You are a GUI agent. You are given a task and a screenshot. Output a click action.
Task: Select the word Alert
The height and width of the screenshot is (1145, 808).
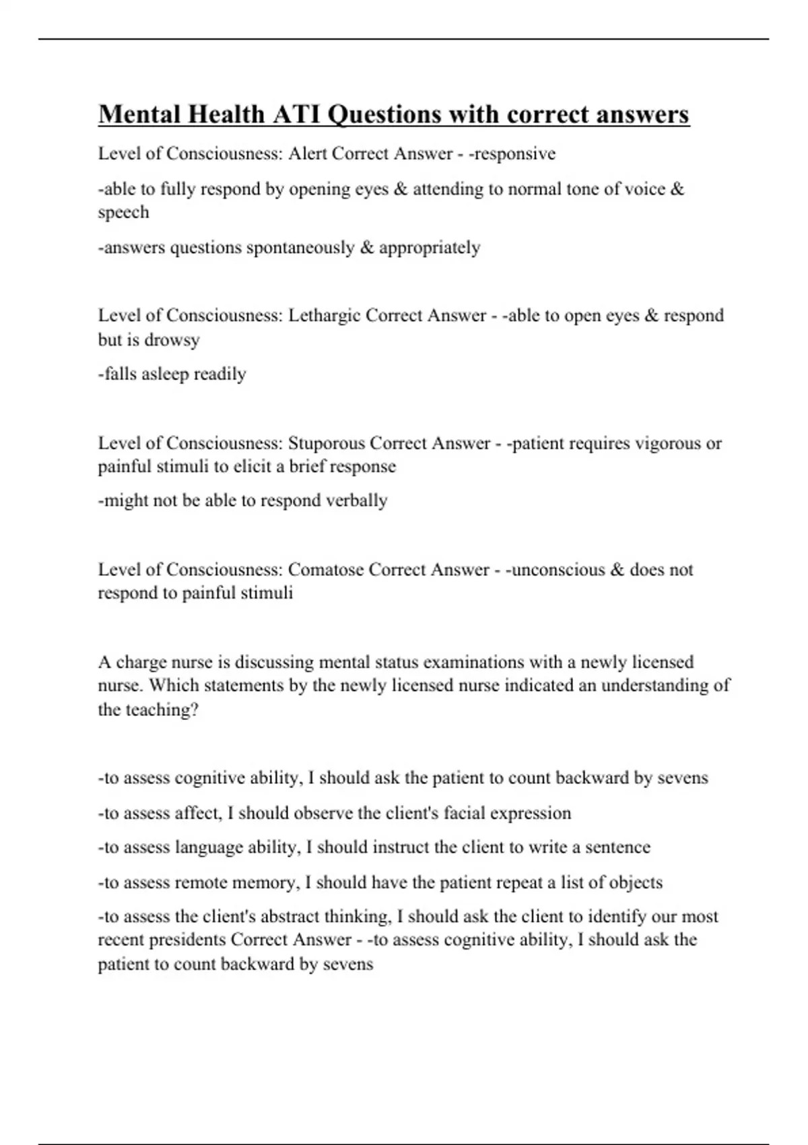coord(308,154)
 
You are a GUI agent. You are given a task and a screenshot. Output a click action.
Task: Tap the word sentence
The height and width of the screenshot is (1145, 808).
coord(617,847)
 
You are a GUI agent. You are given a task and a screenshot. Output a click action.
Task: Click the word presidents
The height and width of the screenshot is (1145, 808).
coord(187,940)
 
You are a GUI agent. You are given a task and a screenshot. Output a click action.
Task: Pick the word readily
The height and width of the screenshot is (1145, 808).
coord(220,374)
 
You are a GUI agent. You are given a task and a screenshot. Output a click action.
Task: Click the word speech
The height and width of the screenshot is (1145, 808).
coord(123,213)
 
